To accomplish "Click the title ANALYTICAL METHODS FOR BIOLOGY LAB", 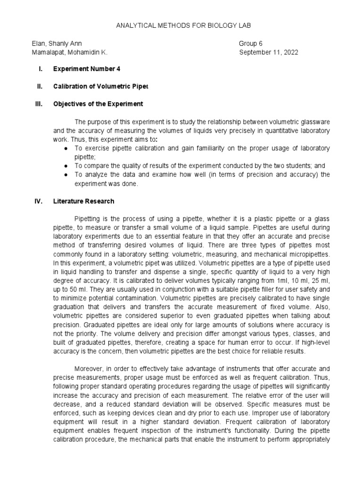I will (x=181, y=25).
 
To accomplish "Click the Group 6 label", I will (x=251, y=43).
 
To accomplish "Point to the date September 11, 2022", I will (x=269, y=52).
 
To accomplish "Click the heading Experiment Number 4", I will (x=87, y=69).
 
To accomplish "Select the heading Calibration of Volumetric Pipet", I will (x=100, y=86).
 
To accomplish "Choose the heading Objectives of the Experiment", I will (x=98, y=104).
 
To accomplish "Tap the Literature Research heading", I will (x=83, y=201).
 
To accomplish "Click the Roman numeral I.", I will (x=41, y=69).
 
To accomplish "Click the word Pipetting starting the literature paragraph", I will (x=89, y=219).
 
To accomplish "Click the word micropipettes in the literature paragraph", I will (x=308, y=255).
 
